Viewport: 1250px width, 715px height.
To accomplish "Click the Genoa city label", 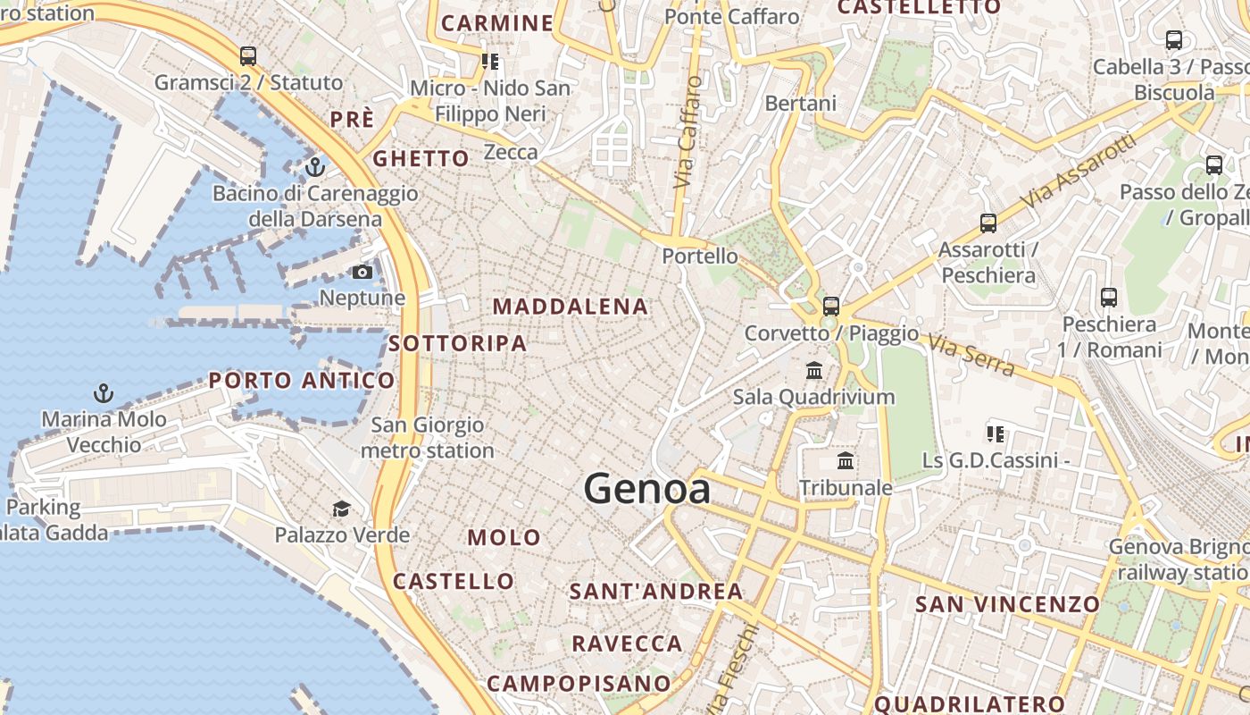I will coord(647,489).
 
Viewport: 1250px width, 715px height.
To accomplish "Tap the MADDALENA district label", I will coord(571,307).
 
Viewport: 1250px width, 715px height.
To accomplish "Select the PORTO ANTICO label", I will coord(302,381).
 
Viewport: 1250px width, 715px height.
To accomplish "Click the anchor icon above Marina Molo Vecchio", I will coord(104,392).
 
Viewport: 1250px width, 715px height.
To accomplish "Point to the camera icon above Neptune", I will coord(362,272).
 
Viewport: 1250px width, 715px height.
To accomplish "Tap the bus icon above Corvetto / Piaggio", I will coord(831,307).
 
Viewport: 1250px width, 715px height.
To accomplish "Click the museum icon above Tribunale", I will coord(846,461).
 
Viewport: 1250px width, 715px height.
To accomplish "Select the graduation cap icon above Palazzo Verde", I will coord(341,509).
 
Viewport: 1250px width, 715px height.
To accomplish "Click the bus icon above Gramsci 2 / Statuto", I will coord(248,55).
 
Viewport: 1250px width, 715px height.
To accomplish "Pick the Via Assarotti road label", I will coord(1080,171).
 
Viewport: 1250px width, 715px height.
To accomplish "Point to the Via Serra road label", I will coord(971,355).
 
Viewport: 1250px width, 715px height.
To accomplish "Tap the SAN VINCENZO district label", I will coord(1007,604).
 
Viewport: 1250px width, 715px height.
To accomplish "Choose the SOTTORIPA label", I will coord(457,343).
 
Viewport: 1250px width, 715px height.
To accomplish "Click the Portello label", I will coord(700,257).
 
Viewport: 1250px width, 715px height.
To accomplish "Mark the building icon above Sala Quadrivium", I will coord(814,370).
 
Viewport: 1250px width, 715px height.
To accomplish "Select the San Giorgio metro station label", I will coord(428,438).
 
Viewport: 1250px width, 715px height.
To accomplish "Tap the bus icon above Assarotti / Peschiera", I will coord(987,223).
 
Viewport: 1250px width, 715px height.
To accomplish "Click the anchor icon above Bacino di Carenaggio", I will coord(314,167).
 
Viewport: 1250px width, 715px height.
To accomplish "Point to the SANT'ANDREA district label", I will coord(656,591).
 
